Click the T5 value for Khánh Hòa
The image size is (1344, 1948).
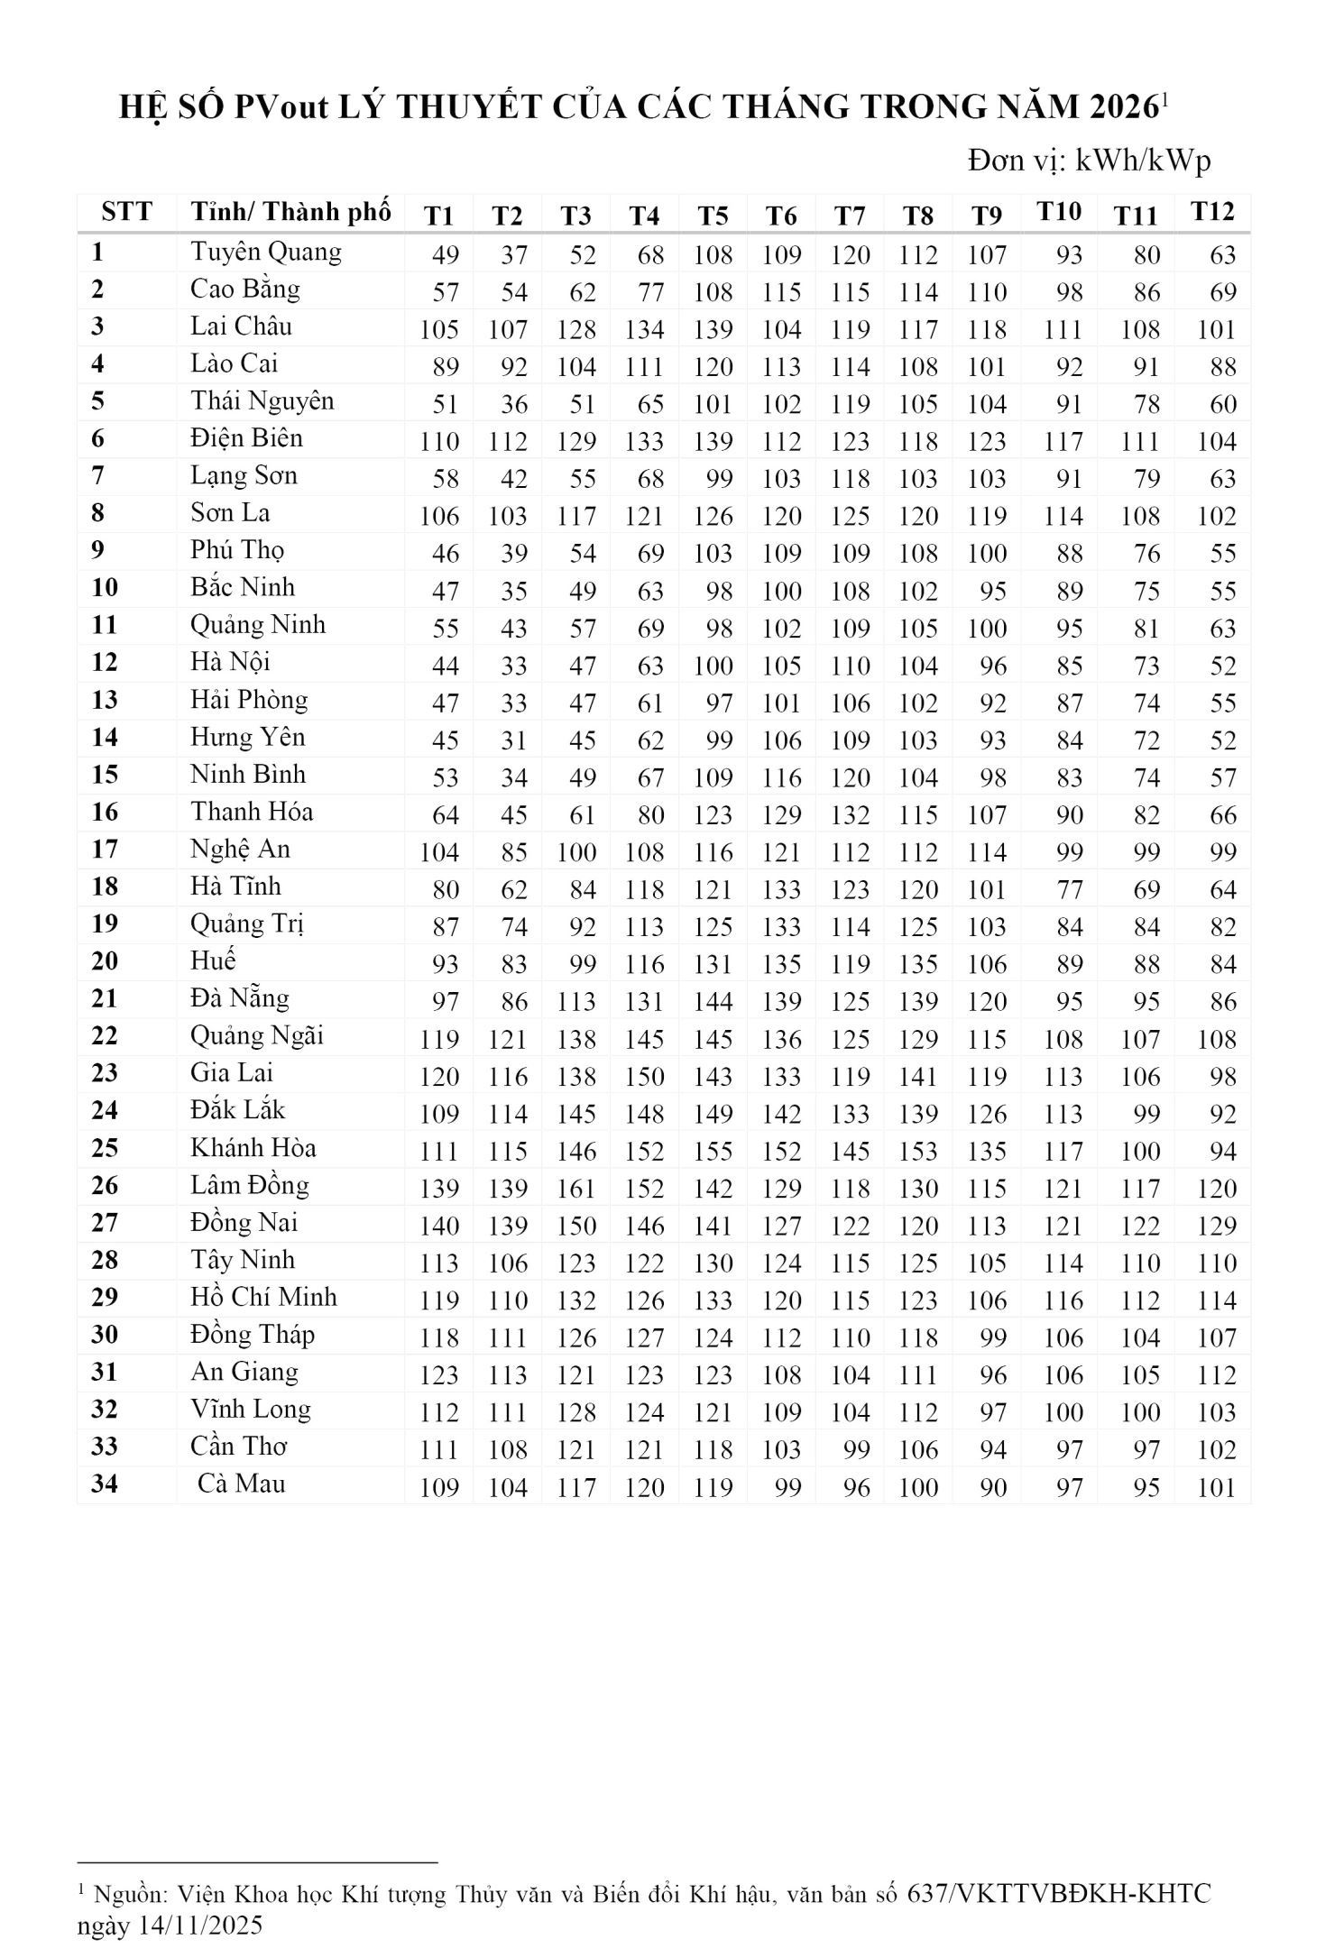(713, 1152)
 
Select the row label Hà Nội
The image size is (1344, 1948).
(230, 663)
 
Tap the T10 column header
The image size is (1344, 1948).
(1058, 212)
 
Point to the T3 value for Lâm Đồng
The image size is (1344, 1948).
(575, 1189)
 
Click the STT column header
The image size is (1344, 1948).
(126, 213)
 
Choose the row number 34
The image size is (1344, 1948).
(105, 1484)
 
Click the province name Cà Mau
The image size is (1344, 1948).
(241, 1484)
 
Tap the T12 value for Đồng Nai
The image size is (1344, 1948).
(1216, 1227)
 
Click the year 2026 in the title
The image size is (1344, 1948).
(1123, 108)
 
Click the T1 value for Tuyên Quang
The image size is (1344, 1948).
(445, 255)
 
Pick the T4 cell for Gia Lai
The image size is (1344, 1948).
(644, 1077)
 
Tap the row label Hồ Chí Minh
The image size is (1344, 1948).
(263, 1297)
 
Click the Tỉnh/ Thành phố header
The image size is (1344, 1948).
(290, 213)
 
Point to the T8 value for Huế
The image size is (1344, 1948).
(918, 965)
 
